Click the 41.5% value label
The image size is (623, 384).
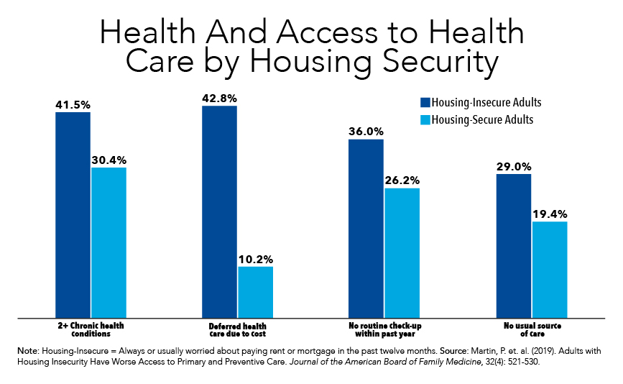click(73, 105)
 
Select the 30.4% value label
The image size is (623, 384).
click(109, 160)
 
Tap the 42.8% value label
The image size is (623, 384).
click(219, 98)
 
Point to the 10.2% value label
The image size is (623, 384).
click(255, 259)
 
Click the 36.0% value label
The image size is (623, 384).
click(366, 132)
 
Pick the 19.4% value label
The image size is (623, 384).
click(550, 214)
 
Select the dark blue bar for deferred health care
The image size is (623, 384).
click(219, 211)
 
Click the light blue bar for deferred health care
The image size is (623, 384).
click(255, 292)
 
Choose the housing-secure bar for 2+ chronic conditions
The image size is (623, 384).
click(109, 242)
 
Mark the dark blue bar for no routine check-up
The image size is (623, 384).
click(366, 228)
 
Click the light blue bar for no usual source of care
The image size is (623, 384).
click(550, 269)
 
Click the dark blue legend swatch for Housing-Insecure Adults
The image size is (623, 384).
click(424, 102)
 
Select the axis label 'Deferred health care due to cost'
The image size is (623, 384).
click(237, 330)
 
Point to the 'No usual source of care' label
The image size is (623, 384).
click(531, 330)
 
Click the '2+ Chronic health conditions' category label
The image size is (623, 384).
click(91, 330)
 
